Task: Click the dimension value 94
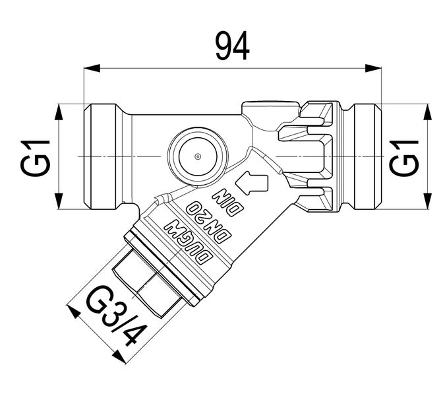click(x=233, y=46)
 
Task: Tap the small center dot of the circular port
click(x=197, y=156)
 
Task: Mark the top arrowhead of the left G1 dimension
click(x=59, y=111)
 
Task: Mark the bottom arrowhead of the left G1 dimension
click(x=59, y=203)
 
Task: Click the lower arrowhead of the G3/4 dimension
click(x=119, y=357)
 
